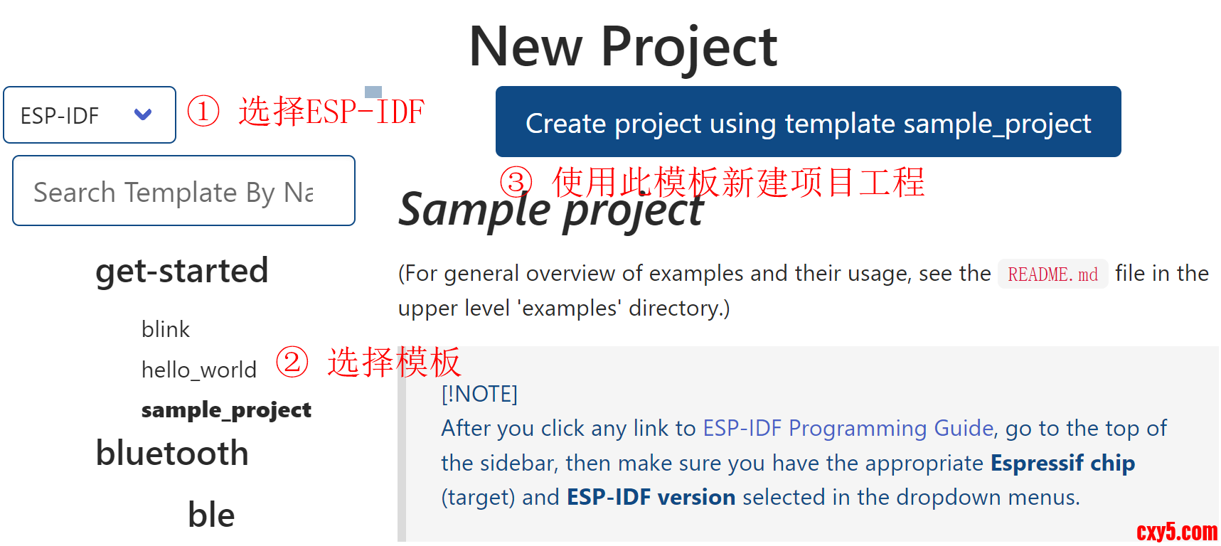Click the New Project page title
(623, 47)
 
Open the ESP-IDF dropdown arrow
(143, 114)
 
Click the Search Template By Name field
(183, 191)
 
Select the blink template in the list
(166, 329)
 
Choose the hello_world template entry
(199, 370)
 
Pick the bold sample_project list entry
(226, 410)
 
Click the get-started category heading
(182, 271)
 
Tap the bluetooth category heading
(172, 453)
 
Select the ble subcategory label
(211, 515)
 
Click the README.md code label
(1053, 274)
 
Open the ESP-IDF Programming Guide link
(848, 428)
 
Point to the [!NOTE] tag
(479, 394)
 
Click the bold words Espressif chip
(1063, 463)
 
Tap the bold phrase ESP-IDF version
(651, 497)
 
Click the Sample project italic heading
(551, 210)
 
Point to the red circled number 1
(203, 112)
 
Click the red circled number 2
(292, 362)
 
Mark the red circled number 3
(516, 182)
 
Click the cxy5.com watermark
(1177, 532)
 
